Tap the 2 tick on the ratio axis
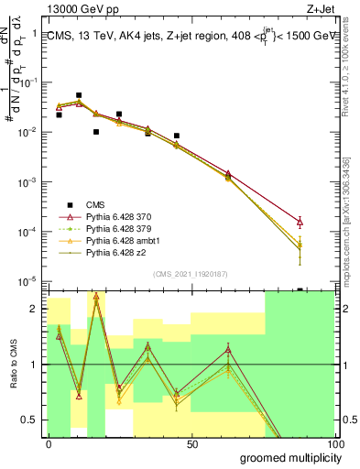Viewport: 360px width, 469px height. pos(37,309)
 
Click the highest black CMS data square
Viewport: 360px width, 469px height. pos(79,95)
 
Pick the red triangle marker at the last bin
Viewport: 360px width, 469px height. pos(300,221)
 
